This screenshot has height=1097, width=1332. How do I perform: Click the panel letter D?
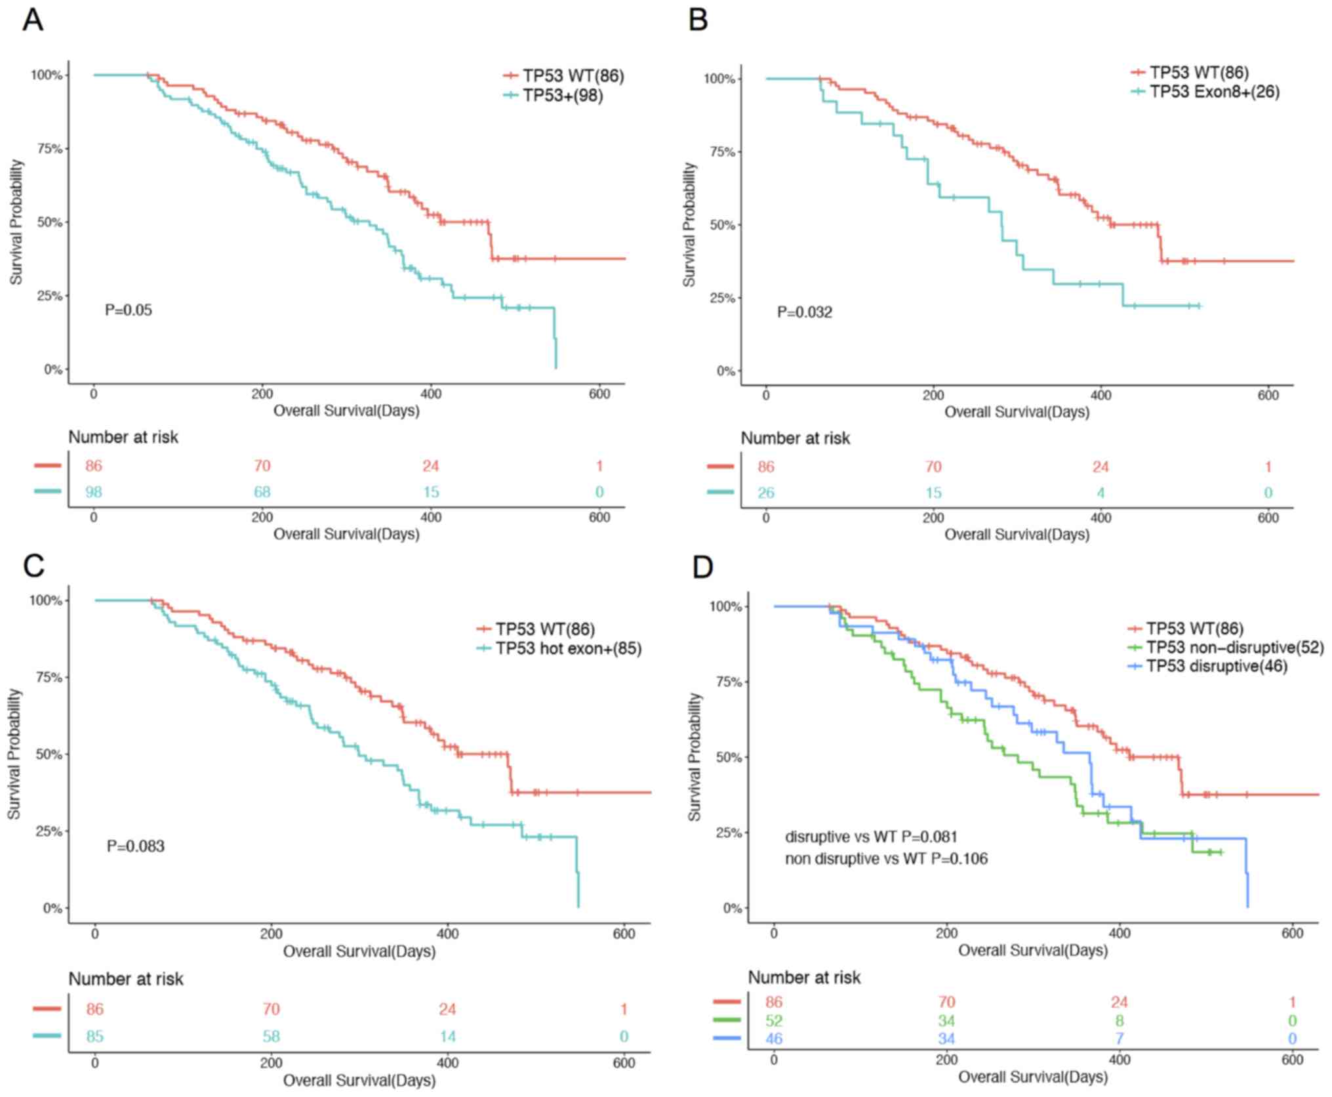[x=702, y=567]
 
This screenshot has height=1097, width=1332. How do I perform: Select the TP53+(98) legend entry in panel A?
[x=563, y=96]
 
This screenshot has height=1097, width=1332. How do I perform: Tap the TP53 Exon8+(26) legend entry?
[x=1214, y=92]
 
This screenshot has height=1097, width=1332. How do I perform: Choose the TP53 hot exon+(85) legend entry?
[x=568, y=649]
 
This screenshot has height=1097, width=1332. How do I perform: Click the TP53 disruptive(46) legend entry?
[x=1217, y=667]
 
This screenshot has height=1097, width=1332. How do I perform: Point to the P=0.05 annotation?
[x=129, y=310]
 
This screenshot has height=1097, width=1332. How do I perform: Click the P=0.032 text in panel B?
[x=804, y=312]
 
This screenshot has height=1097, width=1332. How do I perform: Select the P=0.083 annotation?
[x=136, y=846]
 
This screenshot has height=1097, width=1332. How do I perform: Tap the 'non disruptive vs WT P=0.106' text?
[x=886, y=858]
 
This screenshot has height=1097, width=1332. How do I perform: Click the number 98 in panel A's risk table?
[x=94, y=492]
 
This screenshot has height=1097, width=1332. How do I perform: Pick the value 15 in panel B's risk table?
[x=933, y=493]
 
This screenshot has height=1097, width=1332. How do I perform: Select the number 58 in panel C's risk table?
[x=271, y=1037]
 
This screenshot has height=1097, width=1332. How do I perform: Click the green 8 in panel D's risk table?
[x=1119, y=1021]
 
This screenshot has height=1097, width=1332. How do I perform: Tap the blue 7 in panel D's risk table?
[x=1119, y=1039]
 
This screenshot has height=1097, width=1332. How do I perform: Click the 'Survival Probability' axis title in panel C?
[x=14, y=754]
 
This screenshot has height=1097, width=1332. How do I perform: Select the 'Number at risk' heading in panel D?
[x=804, y=978]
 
